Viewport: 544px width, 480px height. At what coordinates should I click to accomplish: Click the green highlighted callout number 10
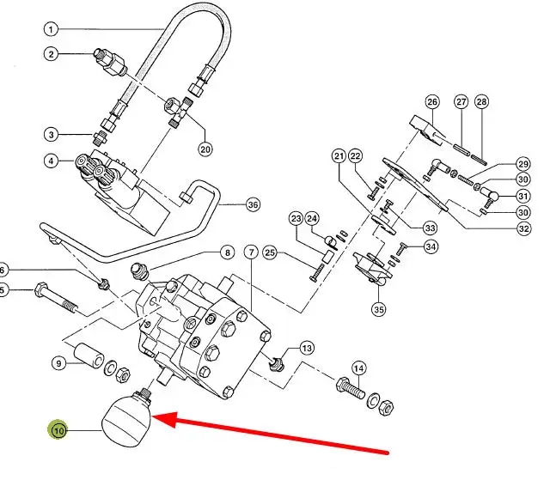59,429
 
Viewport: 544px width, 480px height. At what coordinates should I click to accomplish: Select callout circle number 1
52,29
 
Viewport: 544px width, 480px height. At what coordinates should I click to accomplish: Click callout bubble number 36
252,204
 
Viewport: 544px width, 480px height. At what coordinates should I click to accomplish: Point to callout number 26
432,101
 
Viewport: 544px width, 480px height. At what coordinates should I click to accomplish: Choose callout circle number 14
359,368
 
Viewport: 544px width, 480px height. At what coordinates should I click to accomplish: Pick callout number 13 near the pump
306,348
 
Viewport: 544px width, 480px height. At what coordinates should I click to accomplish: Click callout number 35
377,308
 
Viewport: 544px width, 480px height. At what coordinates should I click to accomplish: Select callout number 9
59,363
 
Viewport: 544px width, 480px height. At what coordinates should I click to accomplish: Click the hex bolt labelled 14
350,388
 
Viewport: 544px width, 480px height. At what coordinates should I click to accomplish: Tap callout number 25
269,252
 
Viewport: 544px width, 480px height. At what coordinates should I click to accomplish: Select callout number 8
227,252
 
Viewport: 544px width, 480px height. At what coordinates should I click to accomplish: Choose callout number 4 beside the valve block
52,161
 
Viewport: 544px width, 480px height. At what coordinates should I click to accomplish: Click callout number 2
52,55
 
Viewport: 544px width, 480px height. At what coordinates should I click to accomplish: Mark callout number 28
481,101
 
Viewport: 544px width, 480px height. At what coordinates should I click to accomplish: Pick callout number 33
430,228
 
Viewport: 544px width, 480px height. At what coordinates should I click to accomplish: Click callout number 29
523,164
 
